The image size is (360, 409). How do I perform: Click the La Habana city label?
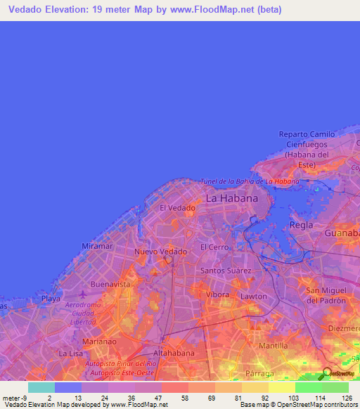(231, 199)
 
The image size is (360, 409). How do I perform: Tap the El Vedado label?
(177, 208)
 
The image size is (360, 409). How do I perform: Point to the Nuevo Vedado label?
(161, 252)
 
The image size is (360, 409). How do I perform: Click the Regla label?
(302, 225)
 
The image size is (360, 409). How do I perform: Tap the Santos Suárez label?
(226, 270)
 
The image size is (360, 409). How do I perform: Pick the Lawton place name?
(254, 297)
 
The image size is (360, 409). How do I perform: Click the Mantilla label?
(274, 346)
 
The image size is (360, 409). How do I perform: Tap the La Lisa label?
(71, 353)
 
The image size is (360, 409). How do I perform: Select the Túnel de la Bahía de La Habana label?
(250, 181)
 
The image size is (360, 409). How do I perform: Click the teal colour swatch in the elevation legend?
(41, 387)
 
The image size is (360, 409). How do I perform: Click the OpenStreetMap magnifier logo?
(327, 373)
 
